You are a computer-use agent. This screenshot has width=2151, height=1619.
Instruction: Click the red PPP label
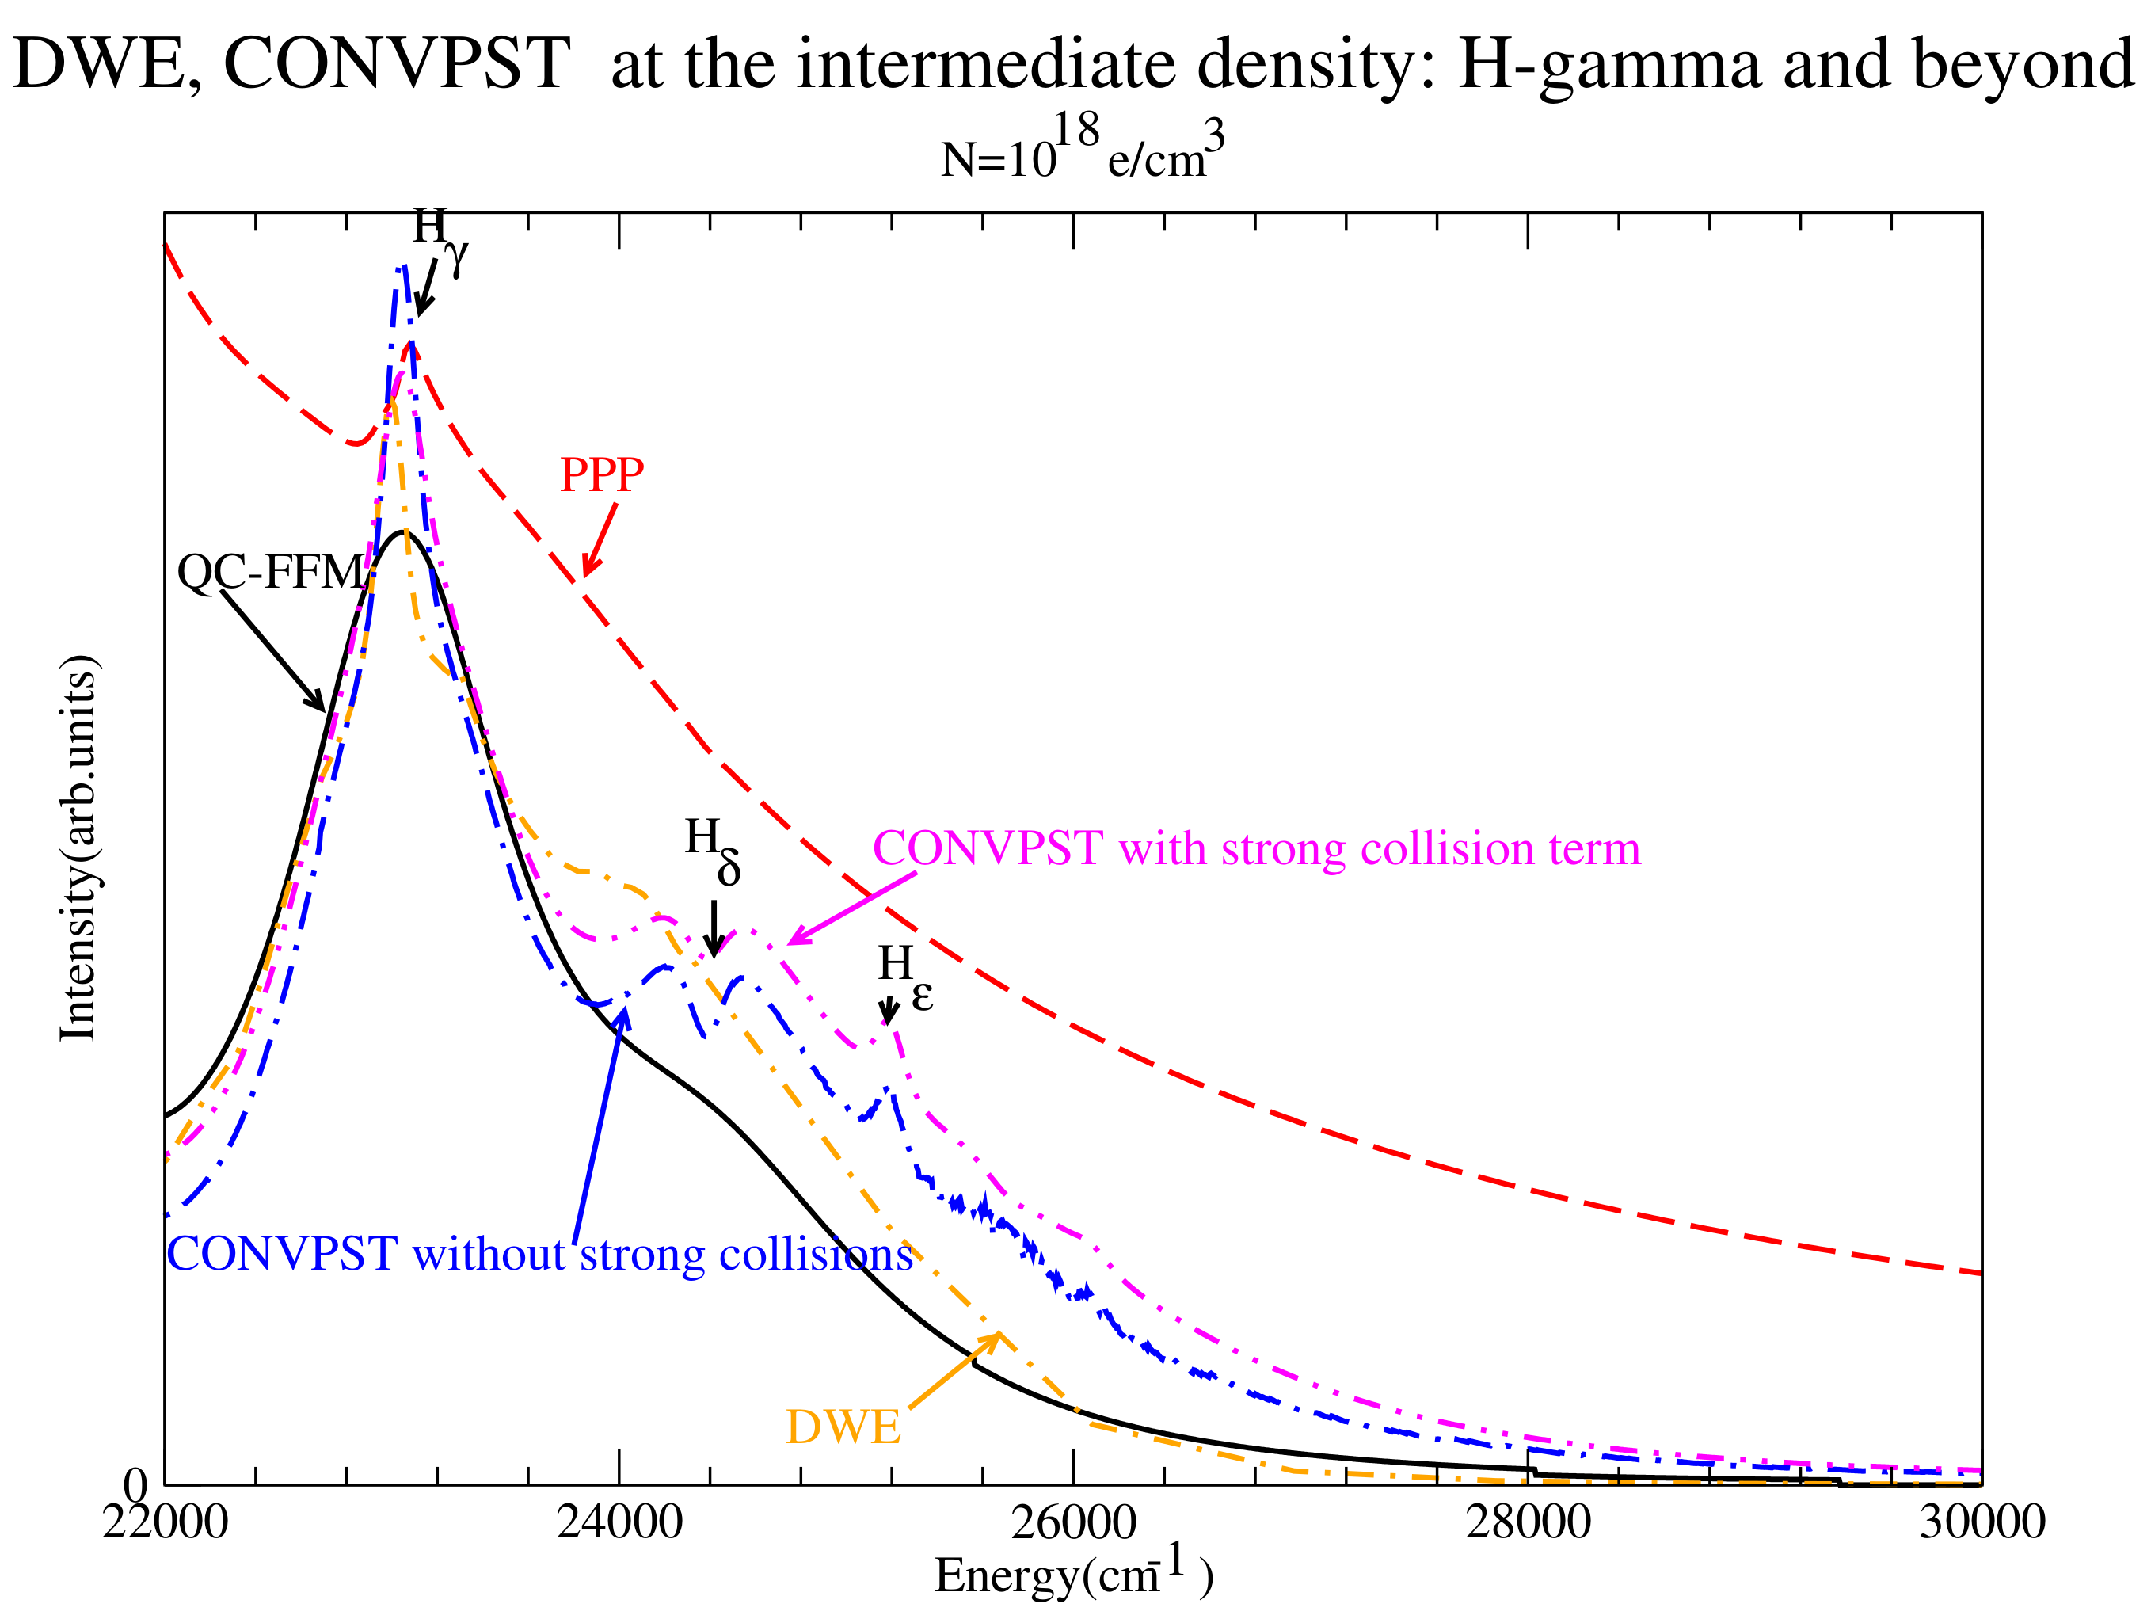coord(601,475)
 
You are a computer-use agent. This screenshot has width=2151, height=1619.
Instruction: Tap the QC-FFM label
coord(270,573)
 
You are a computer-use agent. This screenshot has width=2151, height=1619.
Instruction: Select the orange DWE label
coord(843,1427)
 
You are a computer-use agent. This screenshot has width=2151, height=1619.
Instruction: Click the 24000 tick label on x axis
coord(619,1522)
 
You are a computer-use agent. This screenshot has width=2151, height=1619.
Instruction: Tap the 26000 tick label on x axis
coord(1074,1522)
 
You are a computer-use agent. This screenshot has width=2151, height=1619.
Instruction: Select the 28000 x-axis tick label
coord(1528,1522)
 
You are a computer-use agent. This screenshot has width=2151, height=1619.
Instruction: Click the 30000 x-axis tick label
coord(1982,1522)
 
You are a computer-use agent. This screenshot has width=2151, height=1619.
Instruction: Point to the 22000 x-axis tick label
coord(166,1522)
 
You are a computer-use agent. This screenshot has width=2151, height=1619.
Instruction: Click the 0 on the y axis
coord(135,1485)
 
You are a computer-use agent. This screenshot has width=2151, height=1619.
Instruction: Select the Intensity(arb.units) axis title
coord(78,848)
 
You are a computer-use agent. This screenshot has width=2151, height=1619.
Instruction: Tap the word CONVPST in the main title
coord(397,64)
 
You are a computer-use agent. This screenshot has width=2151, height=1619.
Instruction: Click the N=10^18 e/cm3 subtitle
coord(1081,148)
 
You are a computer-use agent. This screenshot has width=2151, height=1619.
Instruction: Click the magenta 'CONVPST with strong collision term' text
coord(1256,849)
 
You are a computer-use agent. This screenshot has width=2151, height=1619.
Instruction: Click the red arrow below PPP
coord(599,541)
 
